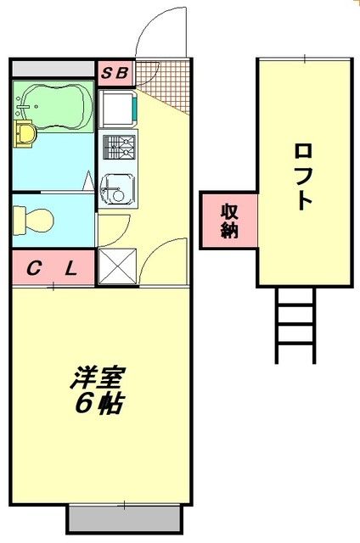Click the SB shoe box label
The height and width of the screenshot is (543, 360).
(x=115, y=73)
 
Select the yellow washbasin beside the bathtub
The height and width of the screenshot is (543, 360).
(x=25, y=132)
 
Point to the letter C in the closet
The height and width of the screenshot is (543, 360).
(x=34, y=270)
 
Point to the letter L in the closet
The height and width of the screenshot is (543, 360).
(x=70, y=270)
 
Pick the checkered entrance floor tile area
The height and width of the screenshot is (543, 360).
(x=160, y=86)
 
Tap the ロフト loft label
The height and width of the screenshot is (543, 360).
(x=303, y=175)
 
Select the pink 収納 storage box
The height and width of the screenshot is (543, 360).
(x=228, y=221)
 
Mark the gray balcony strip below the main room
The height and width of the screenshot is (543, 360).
(x=125, y=517)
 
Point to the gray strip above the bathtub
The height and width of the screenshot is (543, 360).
(x=53, y=69)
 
